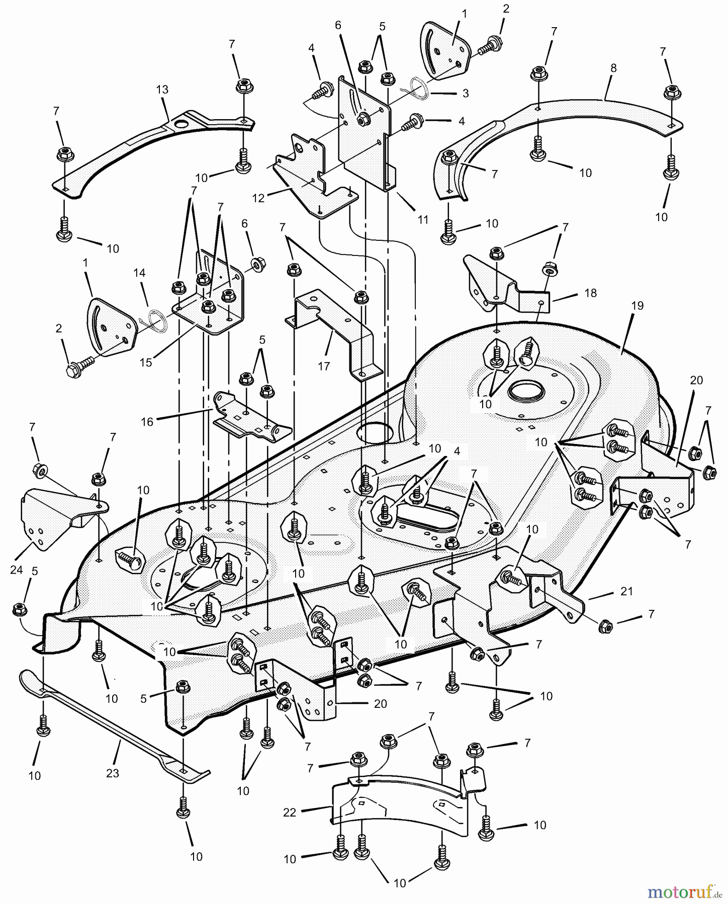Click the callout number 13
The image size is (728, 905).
[162, 89]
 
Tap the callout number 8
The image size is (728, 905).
[613, 68]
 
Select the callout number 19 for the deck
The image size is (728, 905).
[638, 306]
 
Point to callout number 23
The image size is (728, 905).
[112, 772]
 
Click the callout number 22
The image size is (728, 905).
[290, 812]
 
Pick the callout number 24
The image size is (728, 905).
[16, 570]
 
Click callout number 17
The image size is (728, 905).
[324, 366]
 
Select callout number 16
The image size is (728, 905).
[147, 421]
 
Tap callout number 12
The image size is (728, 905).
[258, 198]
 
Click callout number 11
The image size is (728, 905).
[423, 219]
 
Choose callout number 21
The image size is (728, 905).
[626, 591]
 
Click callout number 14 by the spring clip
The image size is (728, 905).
[139, 273]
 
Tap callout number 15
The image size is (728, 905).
[146, 362]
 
